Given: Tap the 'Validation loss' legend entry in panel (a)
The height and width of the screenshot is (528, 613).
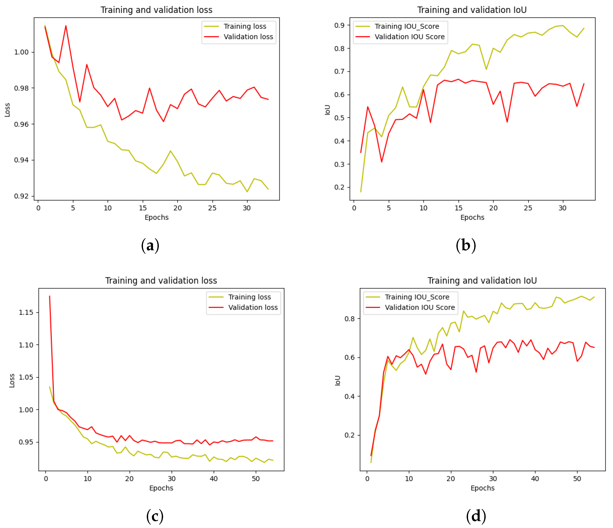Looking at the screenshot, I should click(x=248, y=37).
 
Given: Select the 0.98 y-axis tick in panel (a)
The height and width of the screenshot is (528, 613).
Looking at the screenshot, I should click(x=21, y=88).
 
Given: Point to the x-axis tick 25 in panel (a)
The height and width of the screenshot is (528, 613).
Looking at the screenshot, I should click(x=212, y=208).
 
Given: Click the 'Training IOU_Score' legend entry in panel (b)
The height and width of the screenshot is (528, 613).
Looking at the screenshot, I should click(x=407, y=26).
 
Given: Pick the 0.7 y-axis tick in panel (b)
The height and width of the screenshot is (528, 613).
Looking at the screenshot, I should click(x=339, y=72).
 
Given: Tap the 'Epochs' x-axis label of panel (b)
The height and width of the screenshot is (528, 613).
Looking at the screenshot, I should click(x=472, y=218).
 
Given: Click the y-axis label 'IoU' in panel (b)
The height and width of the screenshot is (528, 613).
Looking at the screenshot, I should click(x=327, y=109).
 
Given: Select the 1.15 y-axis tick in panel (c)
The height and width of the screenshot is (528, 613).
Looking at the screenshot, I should click(x=26, y=313).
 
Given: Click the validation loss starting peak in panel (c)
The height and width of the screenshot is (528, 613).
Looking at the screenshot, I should click(x=49, y=296).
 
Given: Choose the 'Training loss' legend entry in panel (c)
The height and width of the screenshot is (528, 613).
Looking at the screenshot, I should click(x=249, y=297).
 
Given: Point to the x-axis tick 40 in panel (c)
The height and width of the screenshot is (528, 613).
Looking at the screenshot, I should click(x=214, y=479).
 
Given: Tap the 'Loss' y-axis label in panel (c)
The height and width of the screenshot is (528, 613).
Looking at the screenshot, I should click(x=12, y=381).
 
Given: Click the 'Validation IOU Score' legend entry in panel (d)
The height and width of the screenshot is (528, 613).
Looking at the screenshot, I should click(x=420, y=307).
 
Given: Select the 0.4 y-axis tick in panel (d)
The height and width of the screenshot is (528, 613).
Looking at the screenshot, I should click(x=349, y=397).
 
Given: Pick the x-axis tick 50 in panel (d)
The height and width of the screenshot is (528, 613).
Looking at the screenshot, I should click(x=577, y=479).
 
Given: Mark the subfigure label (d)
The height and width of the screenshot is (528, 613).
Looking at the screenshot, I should click(x=476, y=516).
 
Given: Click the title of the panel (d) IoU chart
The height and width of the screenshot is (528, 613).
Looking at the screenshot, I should click(x=482, y=281).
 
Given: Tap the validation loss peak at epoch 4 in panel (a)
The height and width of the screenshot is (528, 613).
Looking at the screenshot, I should click(x=66, y=26).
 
